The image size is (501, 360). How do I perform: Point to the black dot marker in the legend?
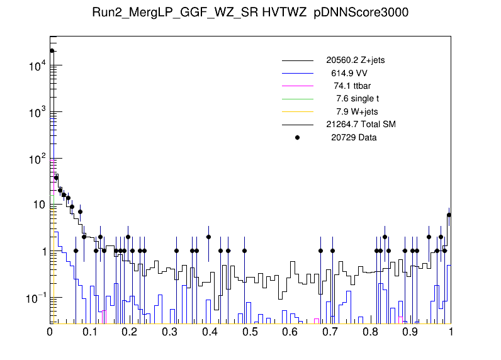(x=298, y=137)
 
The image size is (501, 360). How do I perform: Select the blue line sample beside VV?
(x=298, y=74)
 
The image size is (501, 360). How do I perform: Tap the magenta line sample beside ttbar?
(x=298, y=86)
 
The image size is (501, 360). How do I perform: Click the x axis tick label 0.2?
(x=130, y=332)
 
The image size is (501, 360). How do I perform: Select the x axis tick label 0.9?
(x=410, y=332)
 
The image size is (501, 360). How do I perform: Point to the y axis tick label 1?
(x=43, y=252)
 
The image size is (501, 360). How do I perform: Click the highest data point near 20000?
(x=52, y=51)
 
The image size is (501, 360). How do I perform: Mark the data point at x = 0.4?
(x=208, y=237)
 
